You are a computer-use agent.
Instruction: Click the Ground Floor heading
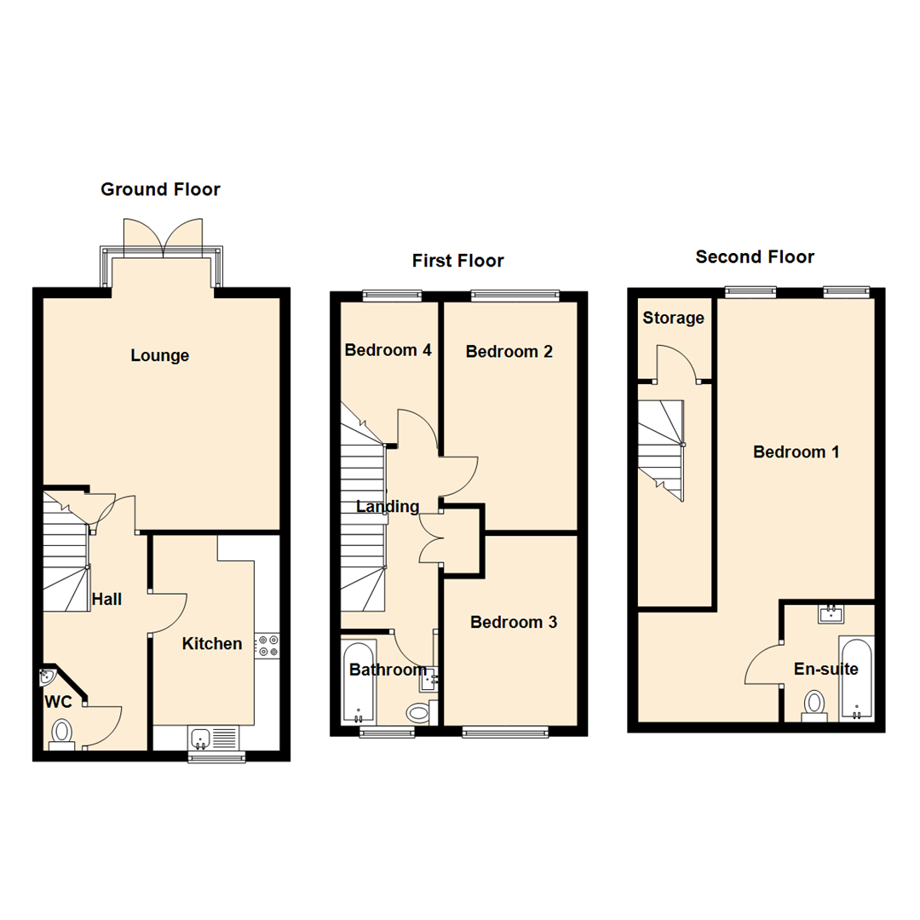point(160,189)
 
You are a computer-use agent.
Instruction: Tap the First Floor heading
point(457,261)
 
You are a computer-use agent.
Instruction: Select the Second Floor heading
point(755,256)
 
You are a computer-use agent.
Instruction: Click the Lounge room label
point(159,355)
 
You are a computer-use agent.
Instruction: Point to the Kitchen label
point(212,644)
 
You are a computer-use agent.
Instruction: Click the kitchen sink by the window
point(202,737)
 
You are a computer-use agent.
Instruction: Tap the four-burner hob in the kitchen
point(267,646)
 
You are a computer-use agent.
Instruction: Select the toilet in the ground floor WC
point(62,733)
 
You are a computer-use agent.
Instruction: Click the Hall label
point(106,599)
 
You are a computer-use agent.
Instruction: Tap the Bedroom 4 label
point(388,349)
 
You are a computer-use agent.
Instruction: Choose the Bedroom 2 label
point(509,351)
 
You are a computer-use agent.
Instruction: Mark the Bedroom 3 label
point(514,622)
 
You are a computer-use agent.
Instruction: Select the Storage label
point(673,318)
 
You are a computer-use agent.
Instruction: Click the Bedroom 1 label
point(796,451)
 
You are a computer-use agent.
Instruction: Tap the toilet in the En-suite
point(815,704)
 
